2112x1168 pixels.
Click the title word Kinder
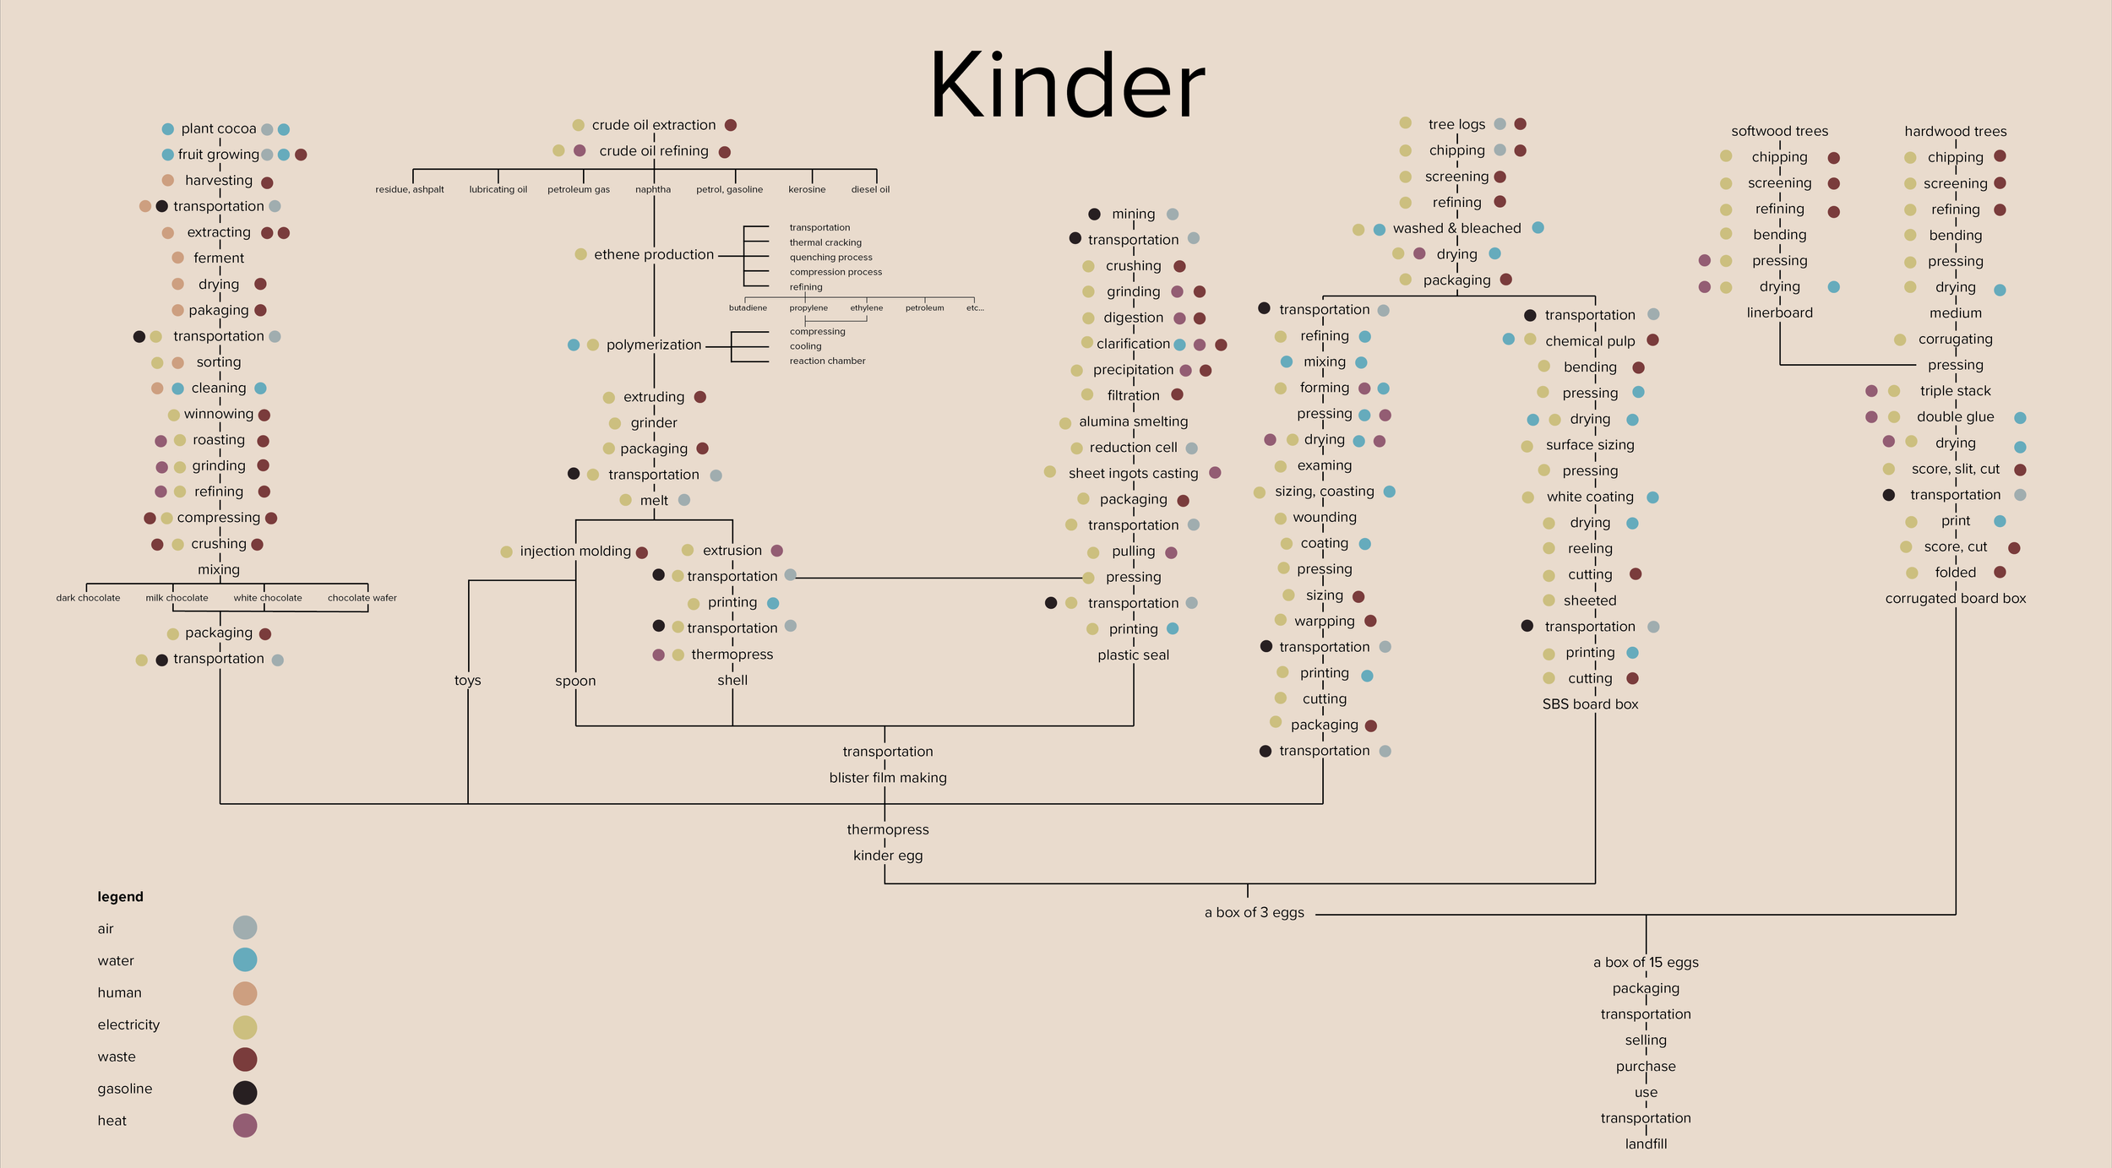pos(1066,86)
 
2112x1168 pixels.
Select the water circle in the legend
pos(245,960)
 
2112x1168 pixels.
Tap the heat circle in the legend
pos(245,1125)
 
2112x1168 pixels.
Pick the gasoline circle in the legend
pos(245,1092)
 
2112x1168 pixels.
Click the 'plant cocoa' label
pos(218,129)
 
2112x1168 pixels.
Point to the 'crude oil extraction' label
pos(653,125)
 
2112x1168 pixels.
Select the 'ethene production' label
pos(653,254)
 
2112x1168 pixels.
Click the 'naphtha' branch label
pos(653,189)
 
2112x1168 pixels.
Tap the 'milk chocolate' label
pos(177,598)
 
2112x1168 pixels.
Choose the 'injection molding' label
pos(575,551)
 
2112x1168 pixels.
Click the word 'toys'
pos(467,681)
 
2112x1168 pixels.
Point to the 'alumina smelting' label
pos(1133,421)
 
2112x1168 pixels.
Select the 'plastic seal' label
pos(1133,655)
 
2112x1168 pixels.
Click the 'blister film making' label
pos(887,778)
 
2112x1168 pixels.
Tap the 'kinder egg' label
pos(887,856)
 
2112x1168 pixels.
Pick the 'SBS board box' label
pos(1590,704)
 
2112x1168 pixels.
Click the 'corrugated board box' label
pos(1955,599)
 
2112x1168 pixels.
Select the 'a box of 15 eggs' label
pos(1646,963)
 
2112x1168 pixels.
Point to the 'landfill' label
pos(1646,1144)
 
